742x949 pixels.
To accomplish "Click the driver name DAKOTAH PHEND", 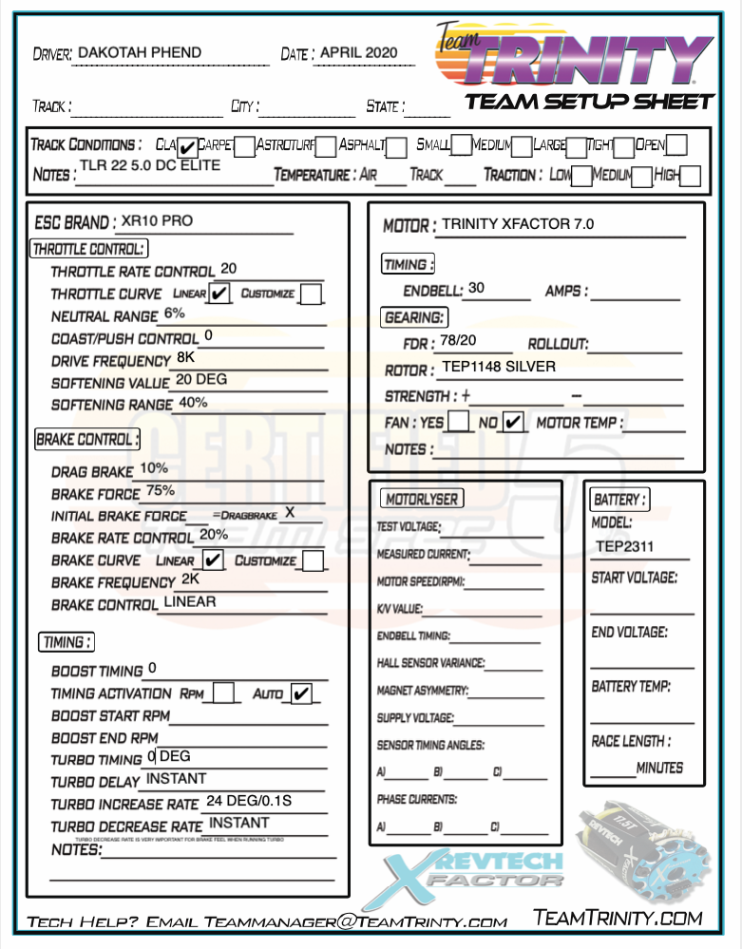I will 139,53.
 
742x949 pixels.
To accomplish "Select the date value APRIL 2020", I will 359,53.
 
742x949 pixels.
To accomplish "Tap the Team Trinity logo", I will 576,56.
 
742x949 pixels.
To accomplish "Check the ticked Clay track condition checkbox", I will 188,146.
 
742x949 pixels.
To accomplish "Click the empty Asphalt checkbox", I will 397,146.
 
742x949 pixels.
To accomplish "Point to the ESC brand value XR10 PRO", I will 156,220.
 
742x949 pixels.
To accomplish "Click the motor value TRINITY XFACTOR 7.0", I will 518,224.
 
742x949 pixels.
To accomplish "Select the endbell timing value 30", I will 476,288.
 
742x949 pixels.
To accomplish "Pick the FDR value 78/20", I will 460,340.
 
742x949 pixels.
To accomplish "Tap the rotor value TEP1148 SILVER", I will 499,366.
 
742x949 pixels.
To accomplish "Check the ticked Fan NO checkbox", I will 514,421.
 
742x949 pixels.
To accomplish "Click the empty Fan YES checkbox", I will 458,421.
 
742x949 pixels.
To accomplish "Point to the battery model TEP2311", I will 624,546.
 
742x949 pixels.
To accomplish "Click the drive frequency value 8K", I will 186,357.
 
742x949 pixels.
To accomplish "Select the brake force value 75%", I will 161,490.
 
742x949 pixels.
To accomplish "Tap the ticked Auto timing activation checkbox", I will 301,694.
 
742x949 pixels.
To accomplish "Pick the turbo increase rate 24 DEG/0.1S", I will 249,801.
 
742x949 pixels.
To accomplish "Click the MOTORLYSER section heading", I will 422,499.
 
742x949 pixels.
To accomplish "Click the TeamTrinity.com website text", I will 618,917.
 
